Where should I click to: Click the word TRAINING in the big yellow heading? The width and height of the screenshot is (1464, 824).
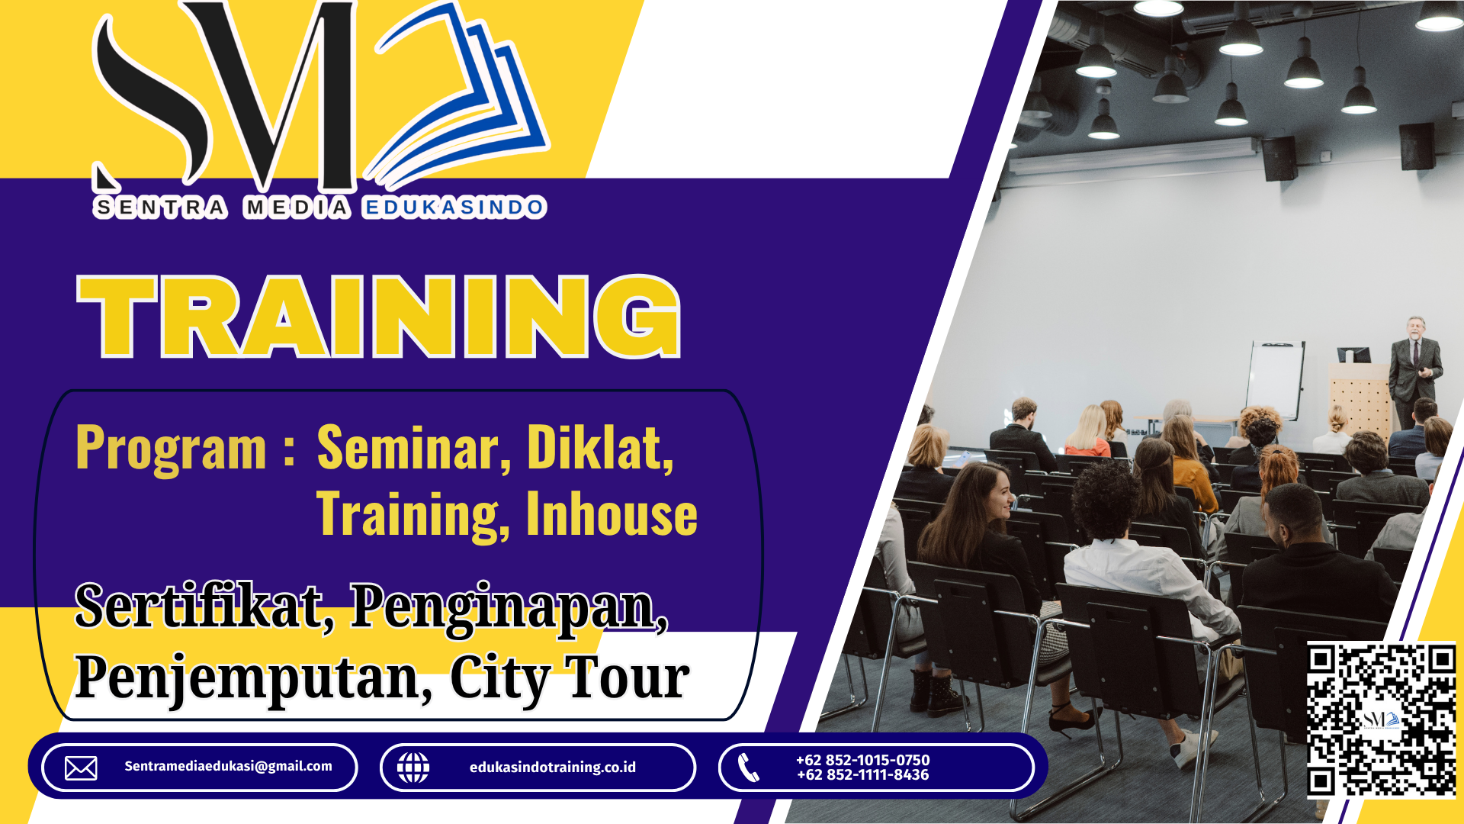click(x=379, y=316)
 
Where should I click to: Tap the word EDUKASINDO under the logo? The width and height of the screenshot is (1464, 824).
click(x=454, y=208)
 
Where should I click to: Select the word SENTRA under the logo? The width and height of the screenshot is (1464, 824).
click(x=160, y=208)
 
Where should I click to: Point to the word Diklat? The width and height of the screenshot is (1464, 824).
click(x=600, y=448)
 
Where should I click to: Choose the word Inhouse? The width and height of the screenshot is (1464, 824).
click(x=612, y=513)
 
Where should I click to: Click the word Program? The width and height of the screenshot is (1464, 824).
click(x=172, y=449)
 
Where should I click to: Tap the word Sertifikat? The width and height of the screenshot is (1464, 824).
click(x=204, y=607)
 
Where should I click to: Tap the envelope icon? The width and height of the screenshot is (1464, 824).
click(x=81, y=768)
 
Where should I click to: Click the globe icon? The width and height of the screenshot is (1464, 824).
click(x=413, y=768)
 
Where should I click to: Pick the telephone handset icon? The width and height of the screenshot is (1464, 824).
click(x=749, y=768)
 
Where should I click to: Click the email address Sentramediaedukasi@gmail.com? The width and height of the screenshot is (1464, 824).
click(x=228, y=766)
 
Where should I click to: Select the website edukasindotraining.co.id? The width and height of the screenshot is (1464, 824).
click(x=553, y=768)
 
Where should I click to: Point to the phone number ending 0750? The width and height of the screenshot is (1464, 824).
click(x=863, y=760)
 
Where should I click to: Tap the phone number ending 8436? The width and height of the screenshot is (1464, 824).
click(x=863, y=775)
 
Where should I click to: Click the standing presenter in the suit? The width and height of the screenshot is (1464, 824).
click(x=1414, y=372)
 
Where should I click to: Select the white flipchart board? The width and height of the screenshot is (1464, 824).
click(x=1274, y=379)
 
